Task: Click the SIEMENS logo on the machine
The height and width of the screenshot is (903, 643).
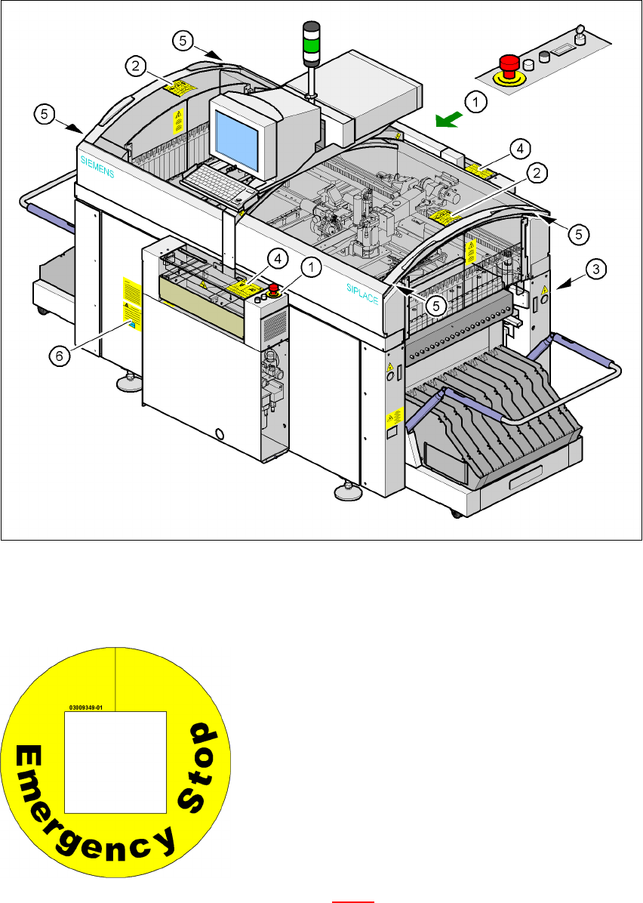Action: [x=97, y=165]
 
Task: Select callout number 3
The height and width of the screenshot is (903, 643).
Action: [x=596, y=268]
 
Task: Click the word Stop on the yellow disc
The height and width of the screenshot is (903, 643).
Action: [x=204, y=757]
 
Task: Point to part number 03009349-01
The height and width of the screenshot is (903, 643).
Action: [x=85, y=707]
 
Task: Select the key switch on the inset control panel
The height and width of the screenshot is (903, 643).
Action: [x=580, y=33]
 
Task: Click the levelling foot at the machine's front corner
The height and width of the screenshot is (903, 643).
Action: [x=346, y=492]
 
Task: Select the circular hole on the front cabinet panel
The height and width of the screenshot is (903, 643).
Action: [x=219, y=434]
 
